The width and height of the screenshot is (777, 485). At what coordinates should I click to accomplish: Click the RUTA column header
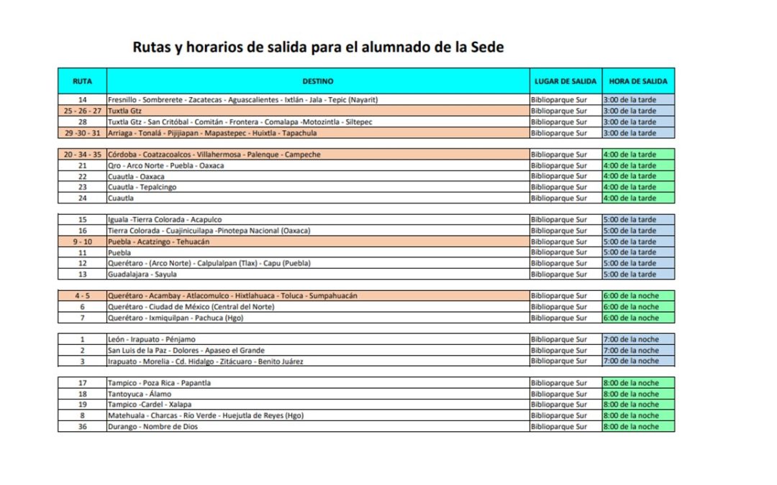point(82,81)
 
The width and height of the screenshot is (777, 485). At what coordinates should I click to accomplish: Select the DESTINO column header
point(317,81)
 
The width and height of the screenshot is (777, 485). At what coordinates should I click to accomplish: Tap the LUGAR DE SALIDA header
point(565,81)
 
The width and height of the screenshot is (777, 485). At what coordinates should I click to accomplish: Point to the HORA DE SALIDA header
point(638,81)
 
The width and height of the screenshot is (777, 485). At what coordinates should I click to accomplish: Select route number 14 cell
point(82,100)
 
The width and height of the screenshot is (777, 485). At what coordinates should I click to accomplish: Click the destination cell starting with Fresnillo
point(243,100)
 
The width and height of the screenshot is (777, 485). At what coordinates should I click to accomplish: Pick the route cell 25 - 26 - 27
point(82,111)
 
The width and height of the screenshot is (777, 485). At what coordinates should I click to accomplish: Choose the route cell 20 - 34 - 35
point(82,154)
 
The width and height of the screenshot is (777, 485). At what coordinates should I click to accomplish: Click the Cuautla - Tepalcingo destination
point(142,188)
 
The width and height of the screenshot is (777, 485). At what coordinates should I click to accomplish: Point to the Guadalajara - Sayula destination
point(142,274)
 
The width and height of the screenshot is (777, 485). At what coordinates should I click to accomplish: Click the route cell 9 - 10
point(82,242)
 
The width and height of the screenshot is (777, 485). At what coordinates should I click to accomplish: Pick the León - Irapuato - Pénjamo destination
point(151,339)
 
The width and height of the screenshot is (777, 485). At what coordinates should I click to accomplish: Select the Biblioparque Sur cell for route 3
point(559,361)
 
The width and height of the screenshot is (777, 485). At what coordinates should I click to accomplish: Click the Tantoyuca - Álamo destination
point(140,394)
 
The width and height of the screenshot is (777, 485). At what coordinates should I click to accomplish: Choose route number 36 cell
point(82,427)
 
